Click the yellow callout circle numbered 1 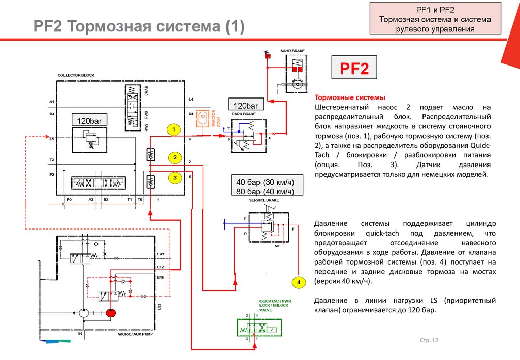[173, 130]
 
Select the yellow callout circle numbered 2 [174, 158]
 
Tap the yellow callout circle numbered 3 [174, 178]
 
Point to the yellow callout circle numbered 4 [299, 282]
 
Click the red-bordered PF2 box [354, 68]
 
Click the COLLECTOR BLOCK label [76, 75]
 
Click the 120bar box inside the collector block [89, 121]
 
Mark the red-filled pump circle [111, 312]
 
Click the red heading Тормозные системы [350, 97]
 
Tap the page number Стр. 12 [429, 340]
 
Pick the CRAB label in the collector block [146, 91]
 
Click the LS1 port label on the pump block [160, 253]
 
